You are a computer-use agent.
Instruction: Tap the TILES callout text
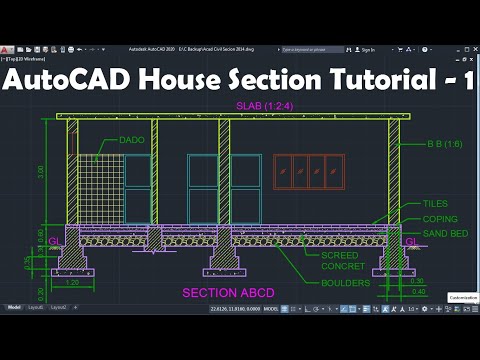click(x=435, y=203)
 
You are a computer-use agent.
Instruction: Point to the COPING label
click(x=440, y=218)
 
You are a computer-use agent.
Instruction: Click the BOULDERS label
click(x=344, y=282)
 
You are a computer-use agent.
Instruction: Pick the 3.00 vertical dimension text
click(x=40, y=172)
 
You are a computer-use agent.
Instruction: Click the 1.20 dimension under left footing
click(x=73, y=283)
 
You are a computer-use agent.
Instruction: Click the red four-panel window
click(x=308, y=172)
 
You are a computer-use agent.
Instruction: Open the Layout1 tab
click(x=36, y=307)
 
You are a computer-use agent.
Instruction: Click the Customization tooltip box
click(x=461, y=297)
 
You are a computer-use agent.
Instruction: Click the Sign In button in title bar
click(x=367, y=49)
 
